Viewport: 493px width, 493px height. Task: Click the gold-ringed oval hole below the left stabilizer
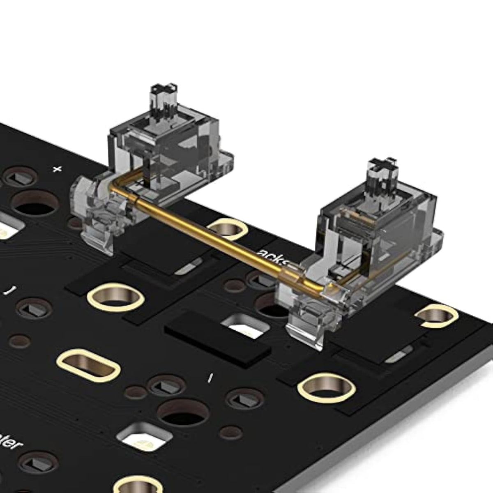click(115, 297)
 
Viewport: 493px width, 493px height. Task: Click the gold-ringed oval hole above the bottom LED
click(88, 364)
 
